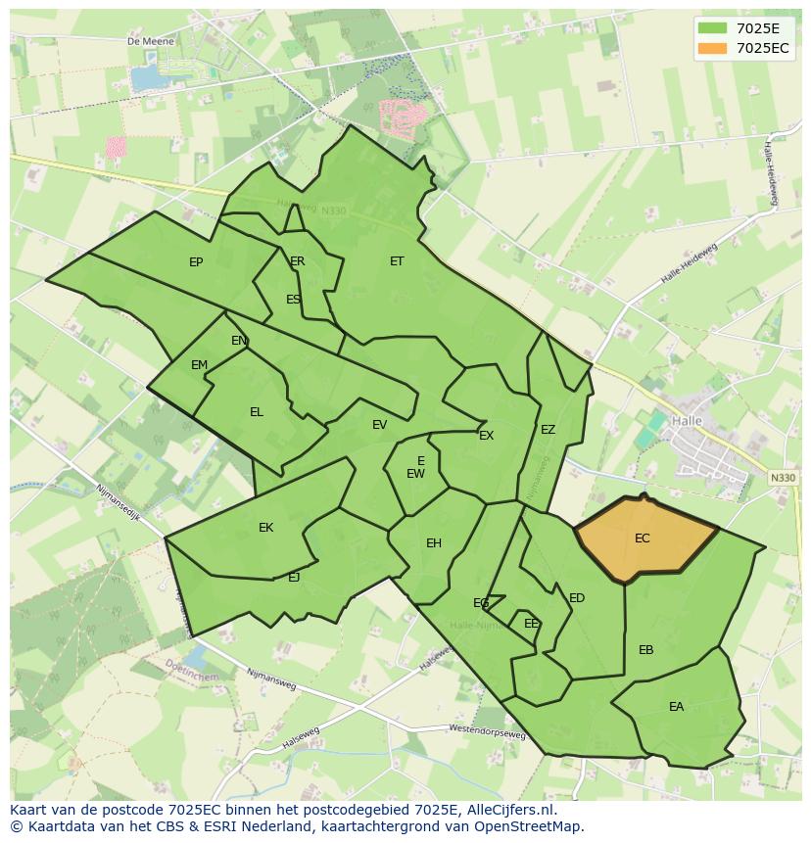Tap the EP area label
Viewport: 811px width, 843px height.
[196, 262]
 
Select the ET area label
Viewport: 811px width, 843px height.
[397, 261]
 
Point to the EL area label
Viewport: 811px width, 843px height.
[257, 412]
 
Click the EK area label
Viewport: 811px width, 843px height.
[265, 528]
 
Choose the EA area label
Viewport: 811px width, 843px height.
[677, 707]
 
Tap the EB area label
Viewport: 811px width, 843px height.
[646, 650]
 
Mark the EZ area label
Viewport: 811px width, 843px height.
[548, 430]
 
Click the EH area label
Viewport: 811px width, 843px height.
[434, 543]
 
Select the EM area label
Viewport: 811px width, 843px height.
[200, 365]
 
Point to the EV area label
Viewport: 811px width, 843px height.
[380, 425]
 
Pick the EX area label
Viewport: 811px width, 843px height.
[486, 436]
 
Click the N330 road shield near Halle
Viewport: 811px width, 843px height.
[783, 478]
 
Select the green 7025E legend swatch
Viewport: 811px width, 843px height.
[712, 28]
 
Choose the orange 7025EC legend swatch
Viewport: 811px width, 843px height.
[712, 48]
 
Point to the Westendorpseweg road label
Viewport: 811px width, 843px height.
[487, 731]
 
